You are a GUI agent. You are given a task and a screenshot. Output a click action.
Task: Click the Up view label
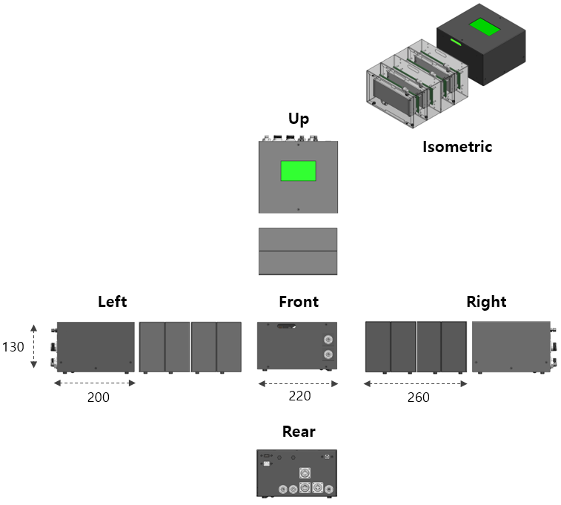(x=299, y=119)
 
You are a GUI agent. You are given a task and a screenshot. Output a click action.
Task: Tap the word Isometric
(x=457, y=147)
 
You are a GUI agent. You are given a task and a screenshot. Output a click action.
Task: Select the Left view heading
(x=113, y=302)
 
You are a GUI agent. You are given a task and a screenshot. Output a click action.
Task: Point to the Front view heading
(x=299, y=302)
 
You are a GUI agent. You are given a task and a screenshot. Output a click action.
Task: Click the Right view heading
(x=486, y=302)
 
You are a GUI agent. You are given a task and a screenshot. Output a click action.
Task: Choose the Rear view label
(x=299, y=432)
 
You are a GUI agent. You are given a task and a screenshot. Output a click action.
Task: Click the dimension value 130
(x=13, y=347)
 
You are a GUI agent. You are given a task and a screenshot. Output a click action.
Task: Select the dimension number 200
(x=99, y=397)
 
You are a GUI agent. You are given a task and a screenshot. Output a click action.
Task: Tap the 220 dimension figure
(x=300, y=396)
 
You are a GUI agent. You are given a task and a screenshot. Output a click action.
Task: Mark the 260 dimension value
(x=419, y=397)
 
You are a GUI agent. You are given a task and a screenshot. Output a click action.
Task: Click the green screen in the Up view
(x=299, y=171)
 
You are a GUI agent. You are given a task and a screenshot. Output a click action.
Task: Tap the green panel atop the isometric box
(x=485, y=27)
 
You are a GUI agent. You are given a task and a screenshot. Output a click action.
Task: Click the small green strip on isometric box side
(x=456, y=42)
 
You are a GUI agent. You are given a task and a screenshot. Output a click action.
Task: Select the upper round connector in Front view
(x=328, y=340)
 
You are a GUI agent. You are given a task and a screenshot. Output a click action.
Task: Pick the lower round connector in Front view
(x=328, y=354)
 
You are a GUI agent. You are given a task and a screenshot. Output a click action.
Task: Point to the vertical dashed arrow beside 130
(x=33, y=346)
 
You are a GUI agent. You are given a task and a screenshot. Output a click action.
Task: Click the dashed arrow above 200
(x=95, y=383)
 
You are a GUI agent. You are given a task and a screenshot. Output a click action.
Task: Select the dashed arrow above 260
(x=416, y=383)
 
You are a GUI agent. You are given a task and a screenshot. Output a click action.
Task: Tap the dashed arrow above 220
(x=298, y=383)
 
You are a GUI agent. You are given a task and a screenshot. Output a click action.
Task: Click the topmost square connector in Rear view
(x=305, y=473)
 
